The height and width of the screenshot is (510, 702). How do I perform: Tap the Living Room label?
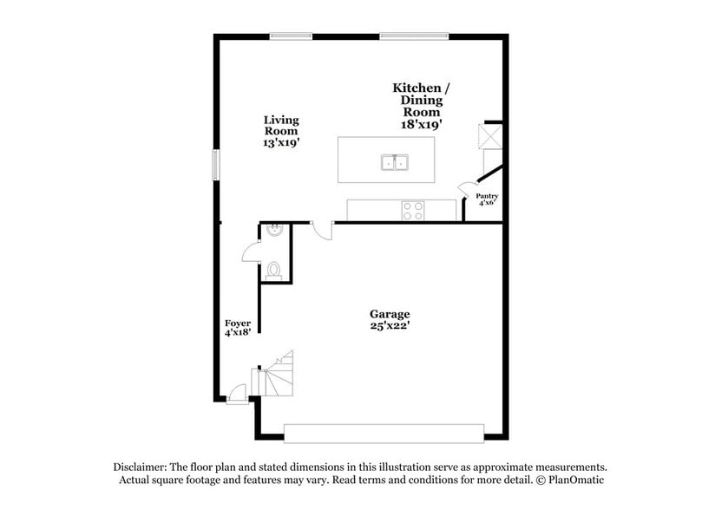[x=281, y=131]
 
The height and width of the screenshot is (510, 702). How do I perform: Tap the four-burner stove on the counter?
[x=413, y=210]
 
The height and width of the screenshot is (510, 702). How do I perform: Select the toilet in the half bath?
[x=273, y=270]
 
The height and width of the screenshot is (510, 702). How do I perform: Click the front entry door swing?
[x=234, y=395]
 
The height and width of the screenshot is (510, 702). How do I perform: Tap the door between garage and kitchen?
[x=322, y=230]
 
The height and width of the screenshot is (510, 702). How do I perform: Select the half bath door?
[x=251, y=252]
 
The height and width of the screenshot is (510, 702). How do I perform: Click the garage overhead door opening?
[x=384, y=433]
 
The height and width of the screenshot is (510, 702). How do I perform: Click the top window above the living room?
[x=291, y=36]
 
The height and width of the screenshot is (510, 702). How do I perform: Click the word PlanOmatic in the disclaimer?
[x=570, y=480]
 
